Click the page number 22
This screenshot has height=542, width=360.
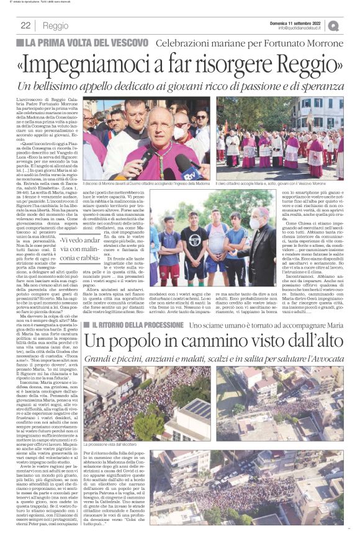[26, 25]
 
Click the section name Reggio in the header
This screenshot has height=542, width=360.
[56, 25]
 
